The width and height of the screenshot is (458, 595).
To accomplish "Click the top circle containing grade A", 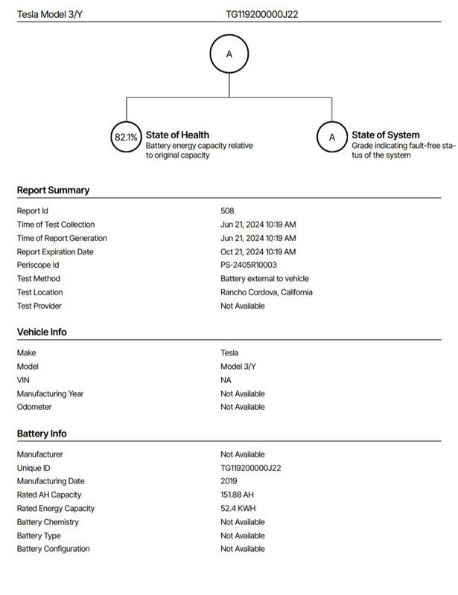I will (x=229, y=54).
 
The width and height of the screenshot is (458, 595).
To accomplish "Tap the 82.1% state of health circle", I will (x=125, y=137).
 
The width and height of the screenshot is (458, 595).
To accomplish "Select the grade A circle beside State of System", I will (x=332, y=137).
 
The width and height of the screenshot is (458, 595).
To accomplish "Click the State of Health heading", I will (x=177, y=135).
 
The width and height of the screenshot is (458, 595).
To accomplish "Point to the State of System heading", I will (x=385, y=135).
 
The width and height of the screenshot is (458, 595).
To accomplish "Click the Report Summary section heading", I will (x=53, y=190).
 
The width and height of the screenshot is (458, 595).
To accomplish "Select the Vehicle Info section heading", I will (x=42, y=332).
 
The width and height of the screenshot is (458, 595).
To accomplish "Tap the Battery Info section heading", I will (x=42, y=434).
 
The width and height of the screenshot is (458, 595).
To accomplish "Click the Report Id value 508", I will (x=227, y=211).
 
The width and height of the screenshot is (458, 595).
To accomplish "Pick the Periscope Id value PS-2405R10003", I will (x=249, y=265).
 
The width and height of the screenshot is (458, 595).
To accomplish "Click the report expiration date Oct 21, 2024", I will (x=258, y=251).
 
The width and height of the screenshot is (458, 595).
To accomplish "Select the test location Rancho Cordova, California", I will (x=266, y=292).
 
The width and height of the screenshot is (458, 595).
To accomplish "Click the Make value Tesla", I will (x=229, y=353).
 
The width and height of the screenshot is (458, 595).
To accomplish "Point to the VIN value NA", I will (x=226, y=380).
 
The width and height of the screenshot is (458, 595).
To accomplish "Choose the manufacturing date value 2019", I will (x=229, y=481).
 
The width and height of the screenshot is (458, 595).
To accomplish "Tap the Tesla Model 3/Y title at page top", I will (x=49, y=13).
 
